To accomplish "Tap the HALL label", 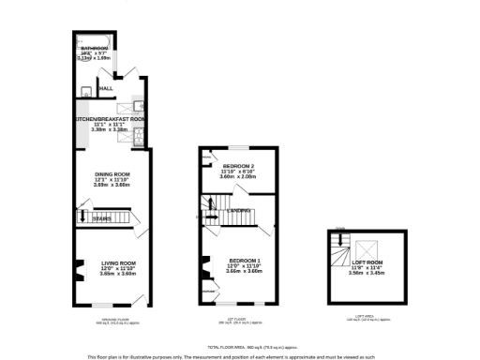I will click(x=106, y=89).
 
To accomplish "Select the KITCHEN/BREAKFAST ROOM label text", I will click(x=112, y=119).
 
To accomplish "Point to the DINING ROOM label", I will click(x=112, y=174).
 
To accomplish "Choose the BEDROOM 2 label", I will click(x=239, y=166).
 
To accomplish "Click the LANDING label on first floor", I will click(x=240, y=213).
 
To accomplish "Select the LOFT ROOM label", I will click(x=368, y=262).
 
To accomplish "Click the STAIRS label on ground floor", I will click(x=101, y=218).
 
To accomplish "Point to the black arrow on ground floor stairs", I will click(x=83, y=217).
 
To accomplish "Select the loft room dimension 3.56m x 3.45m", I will click(x=368, y=274).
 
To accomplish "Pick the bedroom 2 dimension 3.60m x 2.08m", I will click(x=239, y=176).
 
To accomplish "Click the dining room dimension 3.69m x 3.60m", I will click(x=112, y=185).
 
